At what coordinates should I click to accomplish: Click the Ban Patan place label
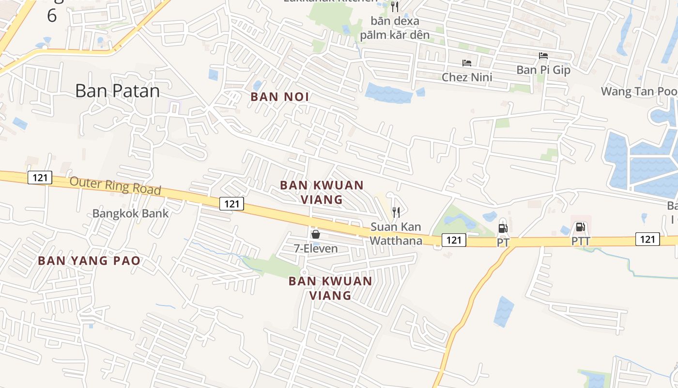[117, 91]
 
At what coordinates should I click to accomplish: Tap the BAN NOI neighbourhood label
[280, 97]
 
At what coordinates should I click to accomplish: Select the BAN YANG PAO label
[89, 260]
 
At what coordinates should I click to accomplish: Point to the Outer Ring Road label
[115, 185]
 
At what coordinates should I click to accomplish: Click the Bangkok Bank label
[130, 213]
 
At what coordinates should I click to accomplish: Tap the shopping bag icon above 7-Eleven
[316, 235]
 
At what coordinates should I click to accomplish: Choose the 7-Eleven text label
[316, 248]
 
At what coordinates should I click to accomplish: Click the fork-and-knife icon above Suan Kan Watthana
[396, 212]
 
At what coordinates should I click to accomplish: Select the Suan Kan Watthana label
[396, 233]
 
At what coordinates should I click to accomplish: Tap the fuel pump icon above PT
[503, 228]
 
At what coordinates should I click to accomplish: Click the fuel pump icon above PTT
[580, 226]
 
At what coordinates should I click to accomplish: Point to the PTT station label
[581, 241]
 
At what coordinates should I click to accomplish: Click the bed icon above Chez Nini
[467, 63]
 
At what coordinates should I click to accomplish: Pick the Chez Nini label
[467, 77]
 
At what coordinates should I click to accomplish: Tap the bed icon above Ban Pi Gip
[543, 56]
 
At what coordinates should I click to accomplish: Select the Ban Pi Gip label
[543, 70]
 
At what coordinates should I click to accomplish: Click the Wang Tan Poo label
[639, 91]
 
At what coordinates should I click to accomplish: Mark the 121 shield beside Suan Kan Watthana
[454, 240]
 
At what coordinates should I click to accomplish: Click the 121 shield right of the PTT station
[647, 239]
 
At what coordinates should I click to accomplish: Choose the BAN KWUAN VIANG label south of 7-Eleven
[330, 288]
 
